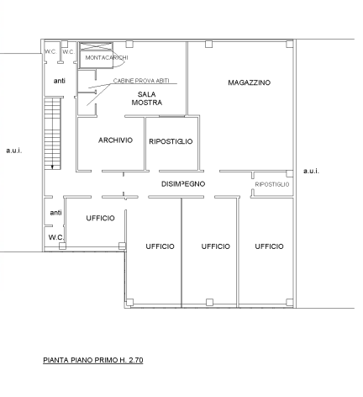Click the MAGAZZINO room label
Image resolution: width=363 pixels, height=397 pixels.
tap(249, 82)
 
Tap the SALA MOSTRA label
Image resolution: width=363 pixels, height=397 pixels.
tap(147, 98)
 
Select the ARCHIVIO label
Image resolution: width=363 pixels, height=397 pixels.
tap(115, 140)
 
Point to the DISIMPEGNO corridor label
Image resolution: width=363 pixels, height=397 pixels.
tap(183, 184)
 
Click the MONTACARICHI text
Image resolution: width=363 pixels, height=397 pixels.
tap(107, 58)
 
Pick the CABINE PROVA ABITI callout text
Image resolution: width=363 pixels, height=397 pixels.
tap(141, 81)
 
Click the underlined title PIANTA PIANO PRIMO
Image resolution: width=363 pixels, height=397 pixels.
tap(93, 360)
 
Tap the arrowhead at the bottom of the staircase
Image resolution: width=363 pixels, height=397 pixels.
tap(52, 167)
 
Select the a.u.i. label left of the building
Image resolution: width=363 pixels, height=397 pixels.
tap(14, 151)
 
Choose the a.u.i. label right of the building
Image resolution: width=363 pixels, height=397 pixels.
tap(311, 171)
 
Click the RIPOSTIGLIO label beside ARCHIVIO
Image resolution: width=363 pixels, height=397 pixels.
tap(171, 141)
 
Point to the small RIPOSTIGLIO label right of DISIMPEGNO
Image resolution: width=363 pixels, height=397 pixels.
tap(272, 184)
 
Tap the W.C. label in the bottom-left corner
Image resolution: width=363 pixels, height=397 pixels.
tap(56, 237)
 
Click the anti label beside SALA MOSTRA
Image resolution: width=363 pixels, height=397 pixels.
tap(60, 81)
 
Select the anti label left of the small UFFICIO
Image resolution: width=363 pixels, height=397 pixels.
tap(55, 213)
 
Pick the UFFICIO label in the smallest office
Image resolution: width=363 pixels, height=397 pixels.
tap(100, 218)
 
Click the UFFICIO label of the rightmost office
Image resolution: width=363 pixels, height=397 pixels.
tap(269, 246)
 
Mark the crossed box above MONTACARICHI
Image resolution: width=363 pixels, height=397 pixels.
tap(96, 46)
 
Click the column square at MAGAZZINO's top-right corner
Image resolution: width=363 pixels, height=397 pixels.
tap(290, 44)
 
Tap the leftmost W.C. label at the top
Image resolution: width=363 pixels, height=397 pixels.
tap(50, 52)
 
